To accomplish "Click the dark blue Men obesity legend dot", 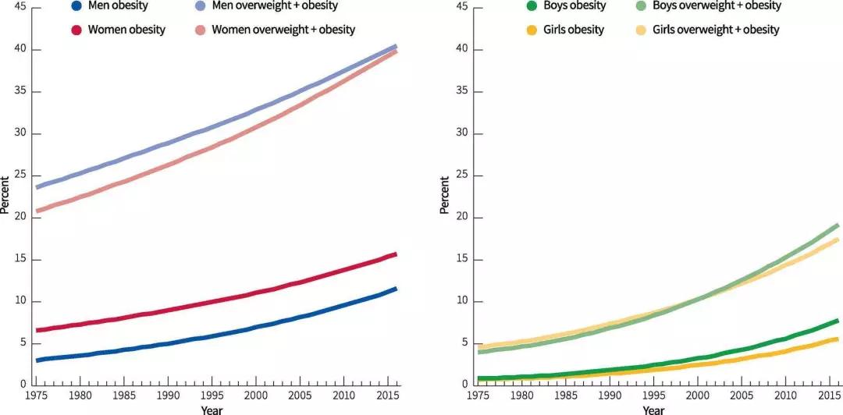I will [76, 6].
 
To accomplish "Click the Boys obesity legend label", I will [574, 5].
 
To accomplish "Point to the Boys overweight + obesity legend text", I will [717, 5].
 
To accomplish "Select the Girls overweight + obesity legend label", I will [715, 30].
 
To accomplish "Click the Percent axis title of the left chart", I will [5, 195].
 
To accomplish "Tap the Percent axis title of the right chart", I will [444, 195].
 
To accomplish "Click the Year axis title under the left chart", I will [211, 410].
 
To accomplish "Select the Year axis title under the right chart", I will [653, 410].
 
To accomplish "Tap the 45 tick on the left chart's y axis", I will [20, 7].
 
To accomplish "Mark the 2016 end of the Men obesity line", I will [397, 289].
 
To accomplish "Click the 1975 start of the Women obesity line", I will [37, 330].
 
